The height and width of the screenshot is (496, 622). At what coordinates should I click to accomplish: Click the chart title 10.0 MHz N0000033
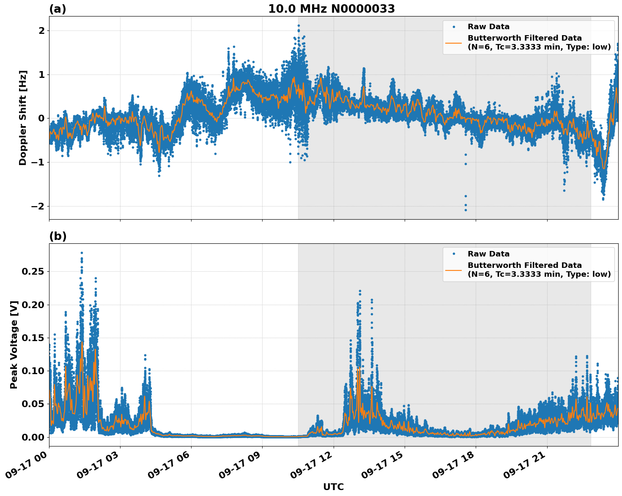click(x=332, y=9)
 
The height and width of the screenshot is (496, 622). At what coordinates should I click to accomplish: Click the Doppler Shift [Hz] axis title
click(x=23, y=118)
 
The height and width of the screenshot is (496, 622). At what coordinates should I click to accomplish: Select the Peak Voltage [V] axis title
click(x=14, y=344)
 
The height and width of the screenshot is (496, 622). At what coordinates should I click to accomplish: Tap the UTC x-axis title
click(x=333, y=487)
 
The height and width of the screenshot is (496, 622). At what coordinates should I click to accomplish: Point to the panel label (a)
click(x=58, y=9)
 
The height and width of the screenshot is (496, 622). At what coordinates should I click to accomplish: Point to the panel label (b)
click(x=58, y=236)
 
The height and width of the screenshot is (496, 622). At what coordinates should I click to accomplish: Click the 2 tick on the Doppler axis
click(x=41, y=30)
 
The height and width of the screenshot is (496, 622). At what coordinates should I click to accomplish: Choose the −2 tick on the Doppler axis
click(x=38, y=206)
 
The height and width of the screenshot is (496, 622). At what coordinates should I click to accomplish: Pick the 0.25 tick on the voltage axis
click(x=33, y=271)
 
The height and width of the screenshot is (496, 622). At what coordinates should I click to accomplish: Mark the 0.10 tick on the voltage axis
click(x=33, y=371)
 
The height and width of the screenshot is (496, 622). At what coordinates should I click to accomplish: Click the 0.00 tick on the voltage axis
click(x=33, y=437)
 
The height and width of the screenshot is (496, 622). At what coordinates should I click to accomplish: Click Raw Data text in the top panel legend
click(x=488, y=27)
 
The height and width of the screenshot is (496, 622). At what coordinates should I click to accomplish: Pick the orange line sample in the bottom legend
click(x=453, y=270)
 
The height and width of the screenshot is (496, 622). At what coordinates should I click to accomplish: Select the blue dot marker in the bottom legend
click(x=453, y=254)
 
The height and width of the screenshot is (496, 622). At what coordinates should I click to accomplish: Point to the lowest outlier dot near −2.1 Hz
click(x=466, y=210)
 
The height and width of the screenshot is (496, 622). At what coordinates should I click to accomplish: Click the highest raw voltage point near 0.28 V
click(x=82, y=253)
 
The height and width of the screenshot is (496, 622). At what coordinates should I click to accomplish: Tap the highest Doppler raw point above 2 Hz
click(x=299, y=25)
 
